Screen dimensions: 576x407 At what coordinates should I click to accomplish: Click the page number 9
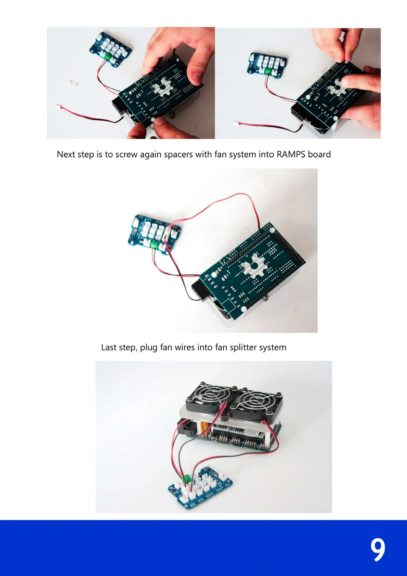coord(378,549)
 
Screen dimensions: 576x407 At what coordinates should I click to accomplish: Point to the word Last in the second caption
coord(109,348)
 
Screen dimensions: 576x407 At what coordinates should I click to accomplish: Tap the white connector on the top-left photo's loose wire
coord(58,107)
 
